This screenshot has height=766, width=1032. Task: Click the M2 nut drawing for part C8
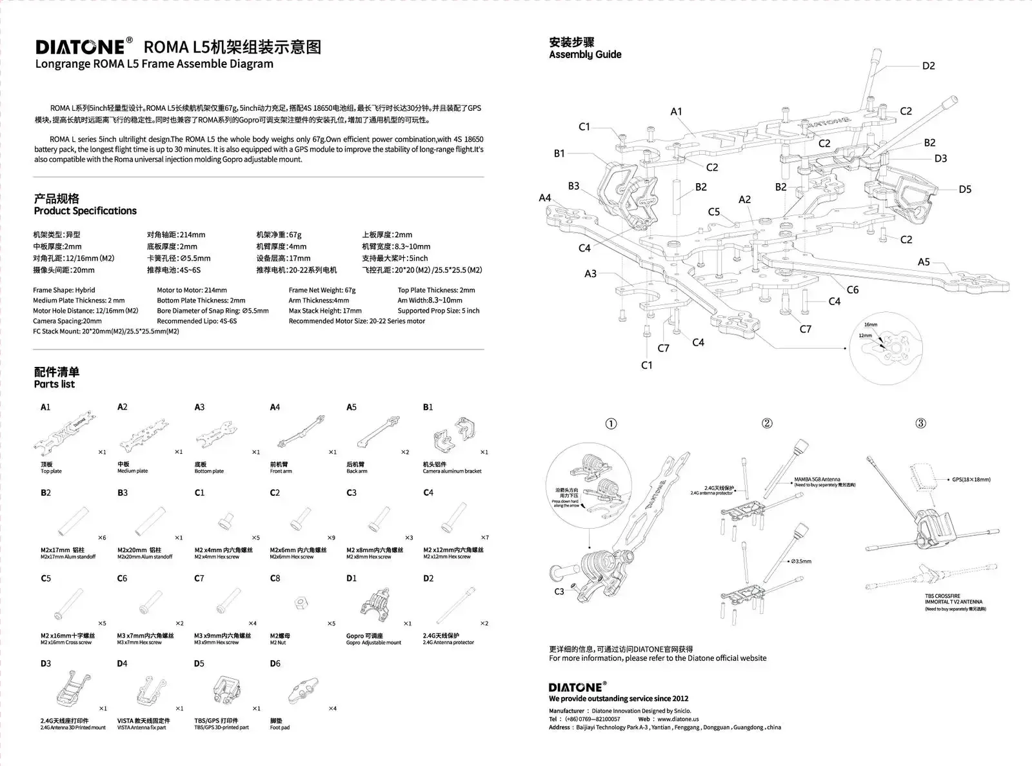pyautogui.click(x=299, y=604)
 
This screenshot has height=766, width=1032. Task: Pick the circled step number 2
pyautogui.click(x=767, y=424)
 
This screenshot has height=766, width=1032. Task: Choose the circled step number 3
pyautogui.click(x=921, y=424)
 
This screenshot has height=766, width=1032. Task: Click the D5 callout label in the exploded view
pyautogui.click(x=964, y=190)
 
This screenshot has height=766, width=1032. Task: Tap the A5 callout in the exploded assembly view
pyautogui.click(x=924, y=262)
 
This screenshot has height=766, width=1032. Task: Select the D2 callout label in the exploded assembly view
pyautogui.click(x=928, y=66)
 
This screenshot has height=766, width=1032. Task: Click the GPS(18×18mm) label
pyautogui.click(x=971, y=480)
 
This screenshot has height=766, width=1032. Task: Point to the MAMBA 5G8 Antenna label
pyautogui.click(x=817, y=480)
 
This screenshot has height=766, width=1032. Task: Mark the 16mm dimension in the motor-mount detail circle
pyautogui.click(x=871, y=325)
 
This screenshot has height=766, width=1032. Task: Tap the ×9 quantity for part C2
pyautogui.click(x=331, y=538)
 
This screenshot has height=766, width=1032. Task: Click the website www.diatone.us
pyautogui.click(x=678, y=719)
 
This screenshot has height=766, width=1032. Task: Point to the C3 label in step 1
pyautogui.click(x=559, y=591)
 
